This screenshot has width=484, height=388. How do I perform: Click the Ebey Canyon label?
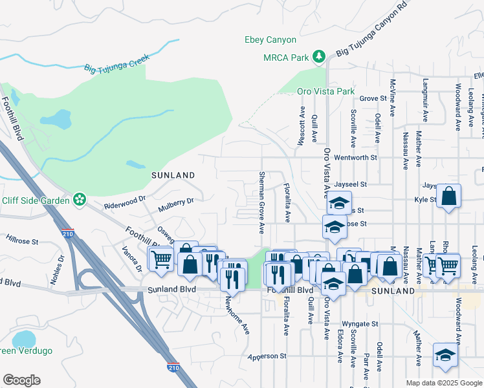tap(270, 40)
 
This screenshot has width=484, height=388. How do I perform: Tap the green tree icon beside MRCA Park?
tap(318, 58)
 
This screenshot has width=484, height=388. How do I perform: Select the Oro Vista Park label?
tap(326, 91)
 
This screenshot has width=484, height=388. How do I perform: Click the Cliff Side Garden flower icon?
tap(80, 199)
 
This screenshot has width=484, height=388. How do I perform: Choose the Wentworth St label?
tap(355, 158)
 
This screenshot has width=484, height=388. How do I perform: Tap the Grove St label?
tap(373, 99)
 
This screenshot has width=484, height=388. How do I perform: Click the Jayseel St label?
tap(349, 184)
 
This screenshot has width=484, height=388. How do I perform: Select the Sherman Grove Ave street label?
tap(262, 202)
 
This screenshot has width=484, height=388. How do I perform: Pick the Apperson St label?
tap(267, 356)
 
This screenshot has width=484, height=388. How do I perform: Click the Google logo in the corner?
tap(21, 380)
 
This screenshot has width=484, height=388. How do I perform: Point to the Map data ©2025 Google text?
tap(444, 383)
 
